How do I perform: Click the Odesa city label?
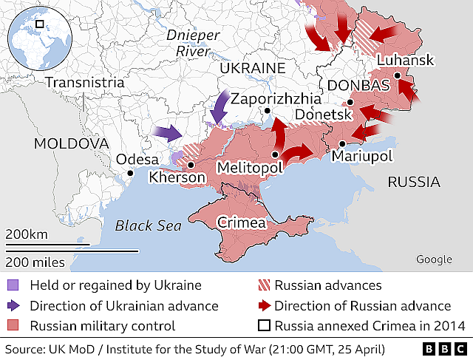pos(137,160)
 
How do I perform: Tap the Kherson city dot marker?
pos(191,166)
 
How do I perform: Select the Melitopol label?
pos(249,169)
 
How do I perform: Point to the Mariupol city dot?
pos(343,143)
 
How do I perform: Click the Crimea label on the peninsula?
pos(242,223)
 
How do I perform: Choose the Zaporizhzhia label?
pos(276,98)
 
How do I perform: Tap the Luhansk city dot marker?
pos(398,75)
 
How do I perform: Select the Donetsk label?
pos(322,115)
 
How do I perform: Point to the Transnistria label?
pos(84,82)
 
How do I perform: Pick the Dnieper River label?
pos(193,42)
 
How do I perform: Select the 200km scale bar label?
pos(26,234)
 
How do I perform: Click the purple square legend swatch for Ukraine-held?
pos(14,285)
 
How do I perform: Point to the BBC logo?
pos(445,347)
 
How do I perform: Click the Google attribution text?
pos(434,259)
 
